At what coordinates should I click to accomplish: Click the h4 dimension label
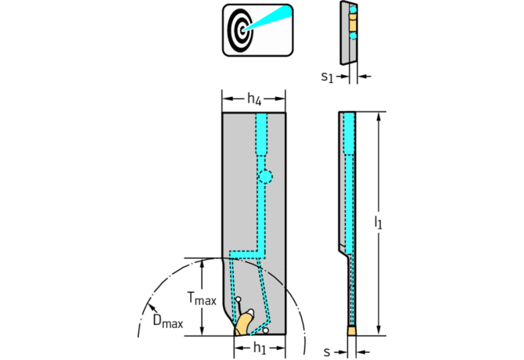(x=254, y=99)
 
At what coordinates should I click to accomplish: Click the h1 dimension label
(x=260, y=348)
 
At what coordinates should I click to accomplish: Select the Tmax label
(x=202, y=298)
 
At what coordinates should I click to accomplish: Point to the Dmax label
(x=168, y=321)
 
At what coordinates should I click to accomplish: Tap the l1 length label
(x=378, y=222)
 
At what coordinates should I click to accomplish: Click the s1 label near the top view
(x=327, y=77)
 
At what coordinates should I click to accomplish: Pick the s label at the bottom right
(x=327, y=351)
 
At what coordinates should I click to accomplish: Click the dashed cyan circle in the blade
(x=265, y=177)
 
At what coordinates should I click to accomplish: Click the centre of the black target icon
(x=242, y=31)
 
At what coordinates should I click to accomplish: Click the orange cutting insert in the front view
(x=243, y=323)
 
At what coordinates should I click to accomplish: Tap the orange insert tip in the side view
(x=352, y=331)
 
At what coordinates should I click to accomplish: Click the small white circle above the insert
(x=239, y=299)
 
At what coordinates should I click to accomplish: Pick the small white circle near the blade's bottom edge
(x=265, y=330)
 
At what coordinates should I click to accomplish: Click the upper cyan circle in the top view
(x=353, y=10)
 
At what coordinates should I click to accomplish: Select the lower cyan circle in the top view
(x=353, y=36)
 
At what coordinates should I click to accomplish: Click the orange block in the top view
(x=353, y=23)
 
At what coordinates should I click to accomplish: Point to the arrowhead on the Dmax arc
(x=152, y=306)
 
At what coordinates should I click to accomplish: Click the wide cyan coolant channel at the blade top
(x=261, y=134)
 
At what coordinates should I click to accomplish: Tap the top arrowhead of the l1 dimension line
(x=379, y=116)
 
